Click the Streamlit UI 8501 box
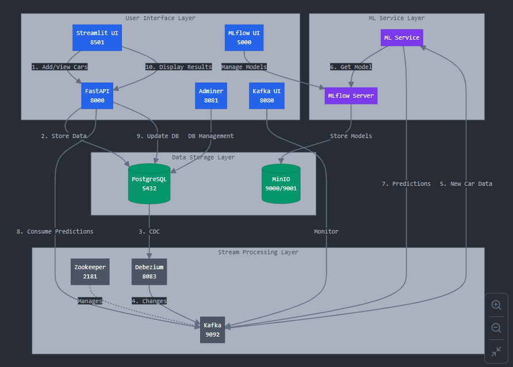[97, 37]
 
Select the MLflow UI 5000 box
[244, 37]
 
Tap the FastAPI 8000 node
[97, 95]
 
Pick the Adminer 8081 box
[211, 95]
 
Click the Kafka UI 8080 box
[266, 95]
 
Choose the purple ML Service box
[401, 38]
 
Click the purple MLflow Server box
[351, 95]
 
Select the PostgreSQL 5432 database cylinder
[149, 183]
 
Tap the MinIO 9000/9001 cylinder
[281, 183]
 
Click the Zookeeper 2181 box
[90, 272]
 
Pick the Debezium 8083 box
[149, 272]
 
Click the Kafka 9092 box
[212, 330]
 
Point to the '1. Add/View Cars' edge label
[60, 67]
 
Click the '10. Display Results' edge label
[178, 67]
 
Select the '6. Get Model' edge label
[351, 67]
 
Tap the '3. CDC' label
[149, 231]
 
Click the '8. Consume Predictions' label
[55, 231]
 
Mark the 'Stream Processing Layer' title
[258, 252]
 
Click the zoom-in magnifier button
[496, 305]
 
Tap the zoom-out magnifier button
[496, 328]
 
